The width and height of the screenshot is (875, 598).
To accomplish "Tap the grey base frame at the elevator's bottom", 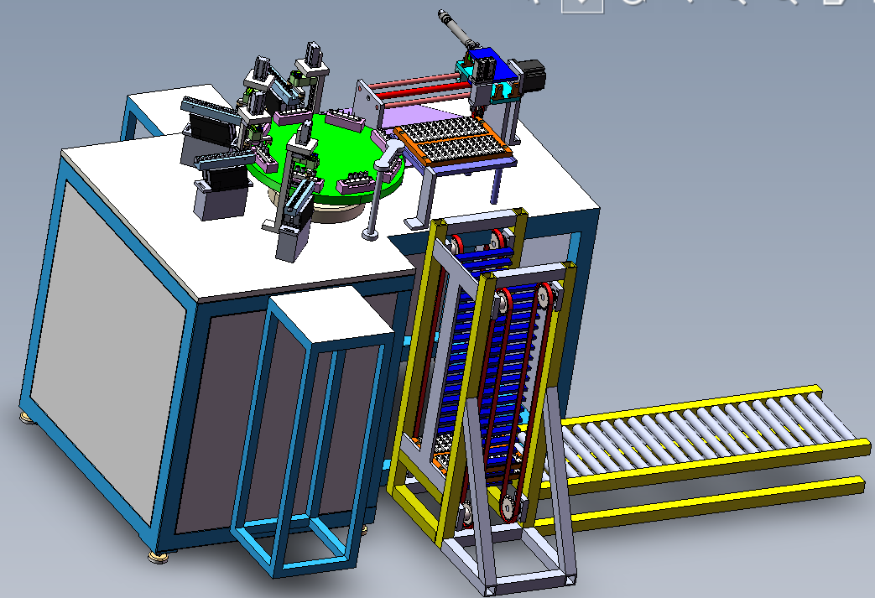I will point(529,579).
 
